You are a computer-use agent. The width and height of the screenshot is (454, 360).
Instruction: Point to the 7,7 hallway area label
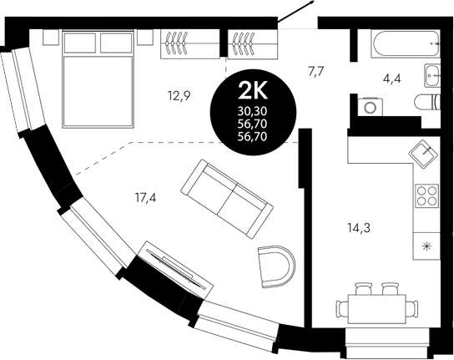(x=316, y=72)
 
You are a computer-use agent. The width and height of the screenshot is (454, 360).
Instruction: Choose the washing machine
(x=369, y=107)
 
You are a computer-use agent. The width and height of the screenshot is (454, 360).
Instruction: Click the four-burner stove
(x=427, y=195)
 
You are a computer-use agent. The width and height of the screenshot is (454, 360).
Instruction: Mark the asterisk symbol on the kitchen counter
(x=428, y=246)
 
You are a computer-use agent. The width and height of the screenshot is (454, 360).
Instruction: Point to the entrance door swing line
(x=297, y=15)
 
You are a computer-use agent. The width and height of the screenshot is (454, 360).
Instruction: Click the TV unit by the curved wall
(x=170, y=266)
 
